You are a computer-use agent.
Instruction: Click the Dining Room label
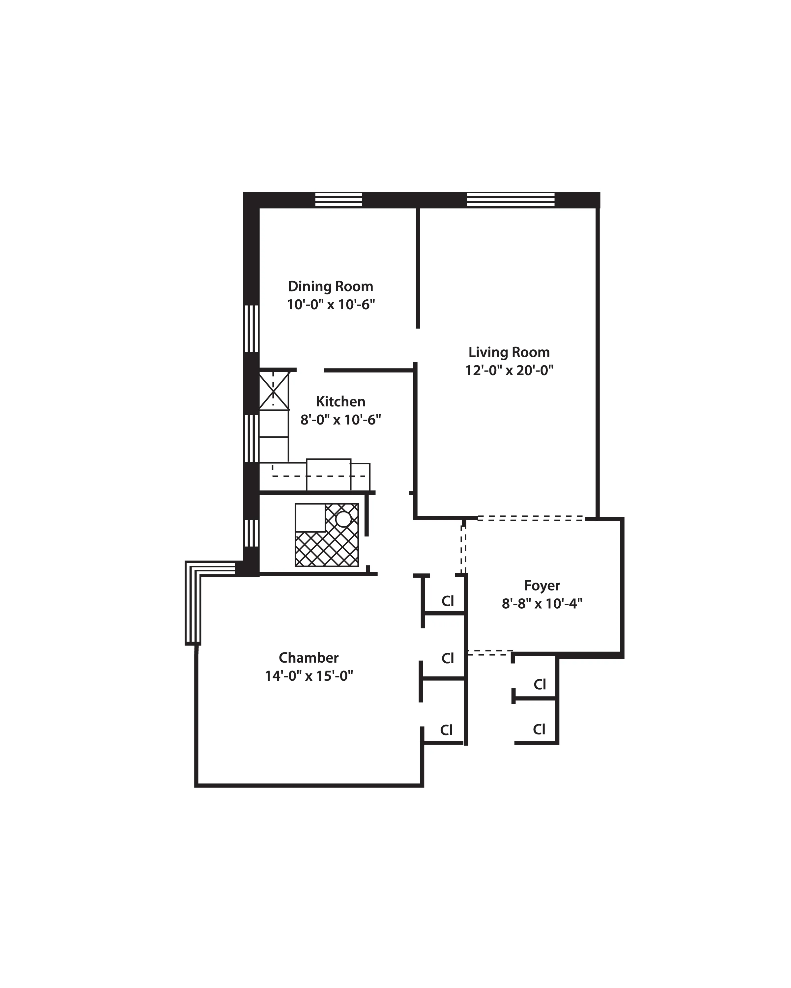330,287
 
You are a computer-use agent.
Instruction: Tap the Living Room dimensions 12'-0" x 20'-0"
509,370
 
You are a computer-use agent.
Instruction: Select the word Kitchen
340,402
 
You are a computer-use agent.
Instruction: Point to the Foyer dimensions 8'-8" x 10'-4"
542,604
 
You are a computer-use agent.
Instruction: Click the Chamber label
308,658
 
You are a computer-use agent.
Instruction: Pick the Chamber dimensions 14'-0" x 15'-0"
308,676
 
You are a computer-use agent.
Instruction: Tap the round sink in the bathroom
343,519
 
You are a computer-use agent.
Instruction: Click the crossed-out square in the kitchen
274,391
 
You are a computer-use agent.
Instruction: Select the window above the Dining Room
339,200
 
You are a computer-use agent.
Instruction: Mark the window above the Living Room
511,200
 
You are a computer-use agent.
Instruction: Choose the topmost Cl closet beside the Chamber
448,601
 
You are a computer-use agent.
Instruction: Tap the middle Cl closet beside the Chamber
448,659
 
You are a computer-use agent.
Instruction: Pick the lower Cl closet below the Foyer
539,729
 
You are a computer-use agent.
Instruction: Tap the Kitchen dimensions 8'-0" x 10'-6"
340,420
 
